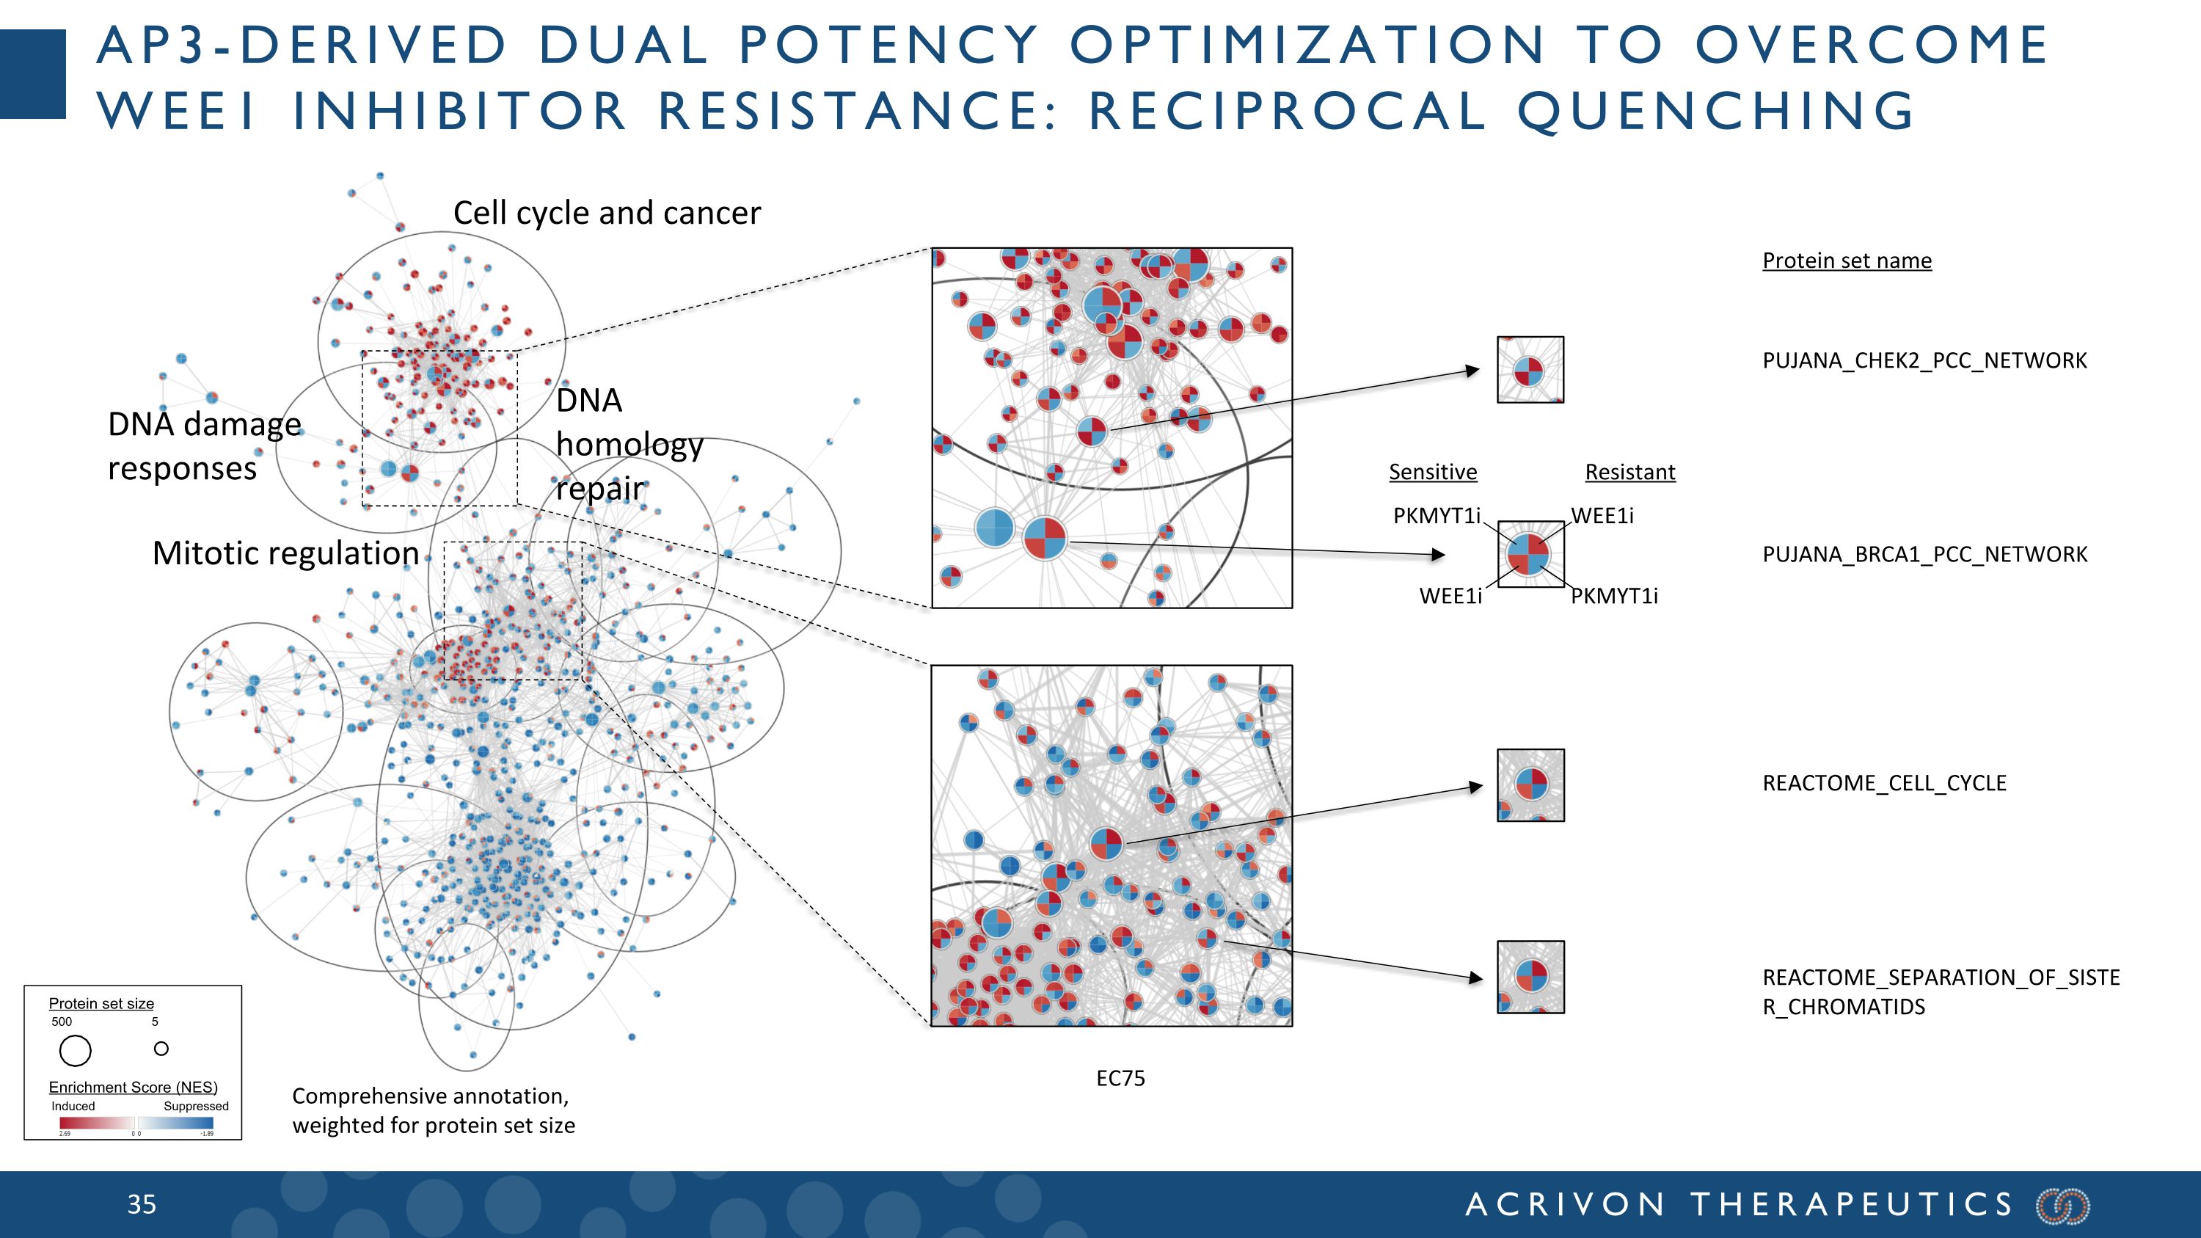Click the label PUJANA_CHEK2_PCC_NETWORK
tap(1924, 360)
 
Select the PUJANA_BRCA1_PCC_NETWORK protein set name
tap(1924, 555)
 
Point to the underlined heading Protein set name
tap(1847, 261)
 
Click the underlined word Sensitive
tap(1432, 472)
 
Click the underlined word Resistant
tap(1629, 472)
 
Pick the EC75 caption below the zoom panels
tap(1120, 1078)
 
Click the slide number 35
tap(142, 1205)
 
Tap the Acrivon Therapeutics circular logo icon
tap(2062, 1206)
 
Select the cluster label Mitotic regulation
tap(285, 553)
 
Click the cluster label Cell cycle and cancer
tap(607, 213)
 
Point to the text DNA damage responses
tap(204, 446)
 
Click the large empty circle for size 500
tap(75, 1050)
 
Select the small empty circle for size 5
tap(161, 1049)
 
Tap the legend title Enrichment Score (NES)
tap(133, 1087)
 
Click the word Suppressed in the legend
tap(196, 1106)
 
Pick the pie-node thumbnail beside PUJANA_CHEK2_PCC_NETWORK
tap(1530, 370)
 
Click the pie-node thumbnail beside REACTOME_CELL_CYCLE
tap(1530, 785)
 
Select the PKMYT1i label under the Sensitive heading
tap(1437, 515)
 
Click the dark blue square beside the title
tap(32, 73)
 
